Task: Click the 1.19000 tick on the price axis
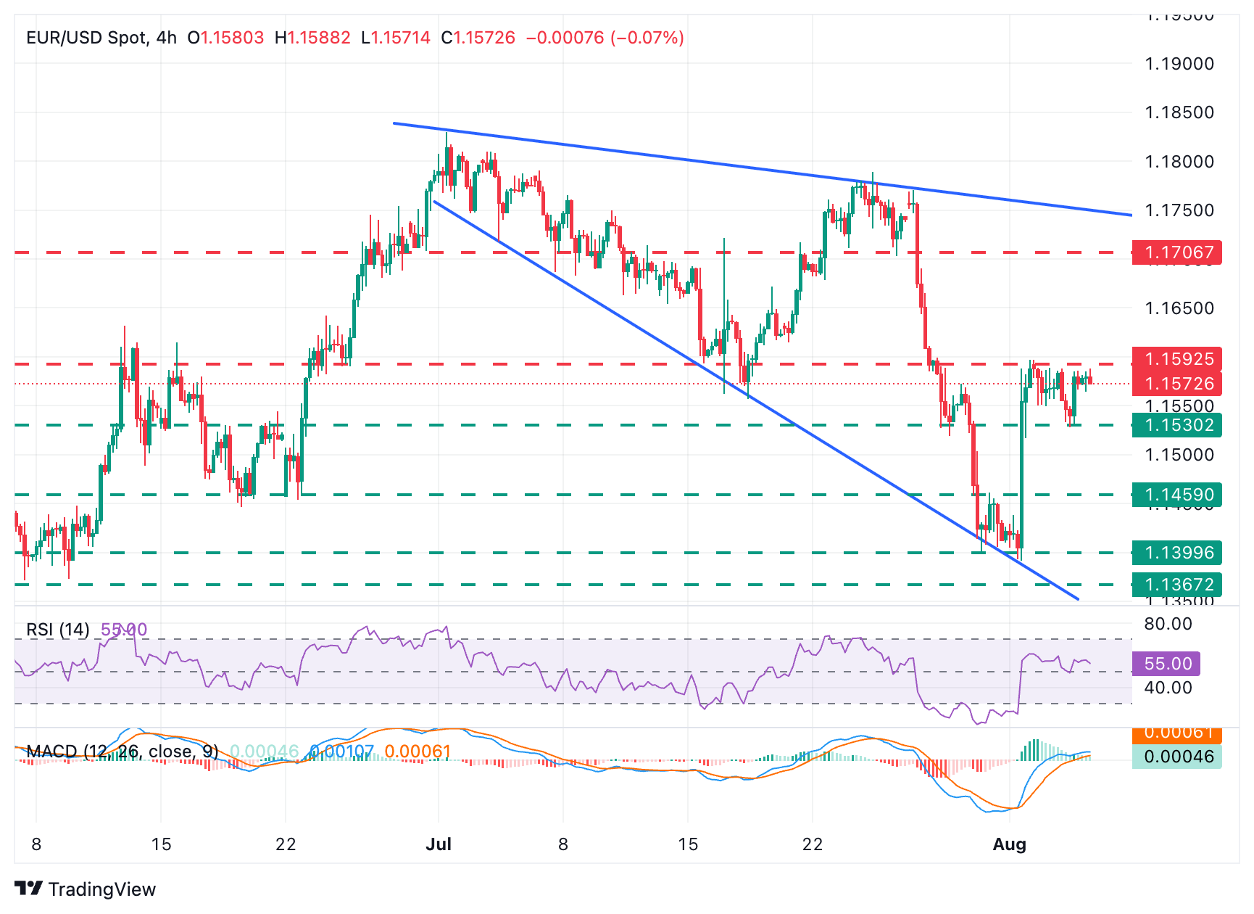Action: pos(1179,64)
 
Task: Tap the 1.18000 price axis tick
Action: pos(1179,162)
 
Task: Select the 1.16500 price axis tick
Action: pos(1179,308)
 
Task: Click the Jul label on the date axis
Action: pos(439,844)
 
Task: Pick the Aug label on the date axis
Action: pos(1009,844)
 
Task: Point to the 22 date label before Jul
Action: pos(286,844)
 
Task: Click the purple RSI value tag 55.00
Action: pos(1167,664)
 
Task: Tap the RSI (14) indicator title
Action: pos(58,630)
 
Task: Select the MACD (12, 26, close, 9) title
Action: pos(122,752)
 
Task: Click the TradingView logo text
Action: pos(101,889)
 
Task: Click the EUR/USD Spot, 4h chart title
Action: pos(101,38)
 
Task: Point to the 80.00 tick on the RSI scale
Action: pos(1168,624)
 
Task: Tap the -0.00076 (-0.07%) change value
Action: pos(605,38)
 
